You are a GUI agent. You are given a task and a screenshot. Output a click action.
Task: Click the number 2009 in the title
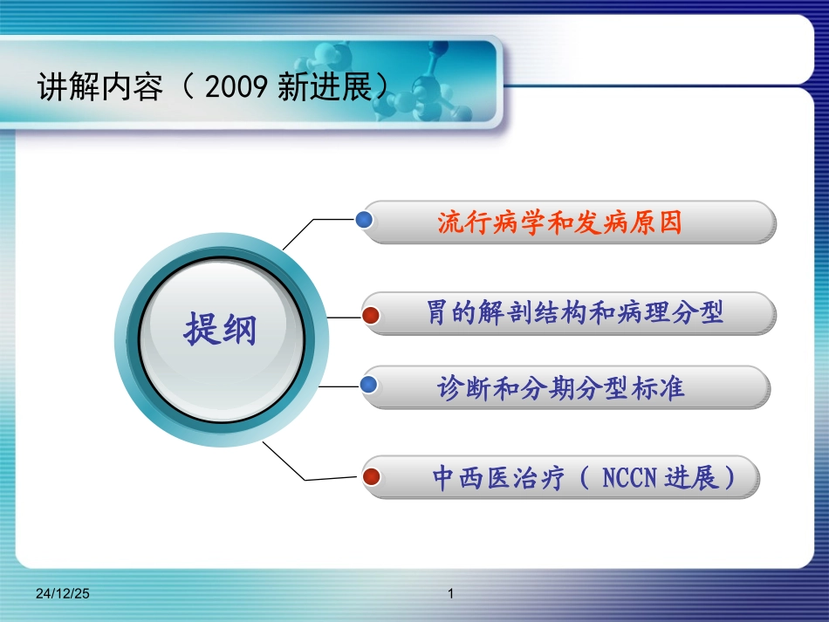point(236,86)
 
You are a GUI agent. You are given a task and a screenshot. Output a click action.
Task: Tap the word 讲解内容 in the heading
point(100,86)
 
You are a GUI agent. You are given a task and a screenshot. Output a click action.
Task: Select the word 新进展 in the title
point(325,86)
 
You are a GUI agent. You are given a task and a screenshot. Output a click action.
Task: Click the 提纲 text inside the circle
point(220,329)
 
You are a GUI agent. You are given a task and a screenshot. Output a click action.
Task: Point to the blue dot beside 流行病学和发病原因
point(364,219)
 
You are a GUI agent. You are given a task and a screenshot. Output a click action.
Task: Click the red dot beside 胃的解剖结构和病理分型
point(371,316)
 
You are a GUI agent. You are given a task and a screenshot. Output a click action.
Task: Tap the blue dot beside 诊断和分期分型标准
point(368,385)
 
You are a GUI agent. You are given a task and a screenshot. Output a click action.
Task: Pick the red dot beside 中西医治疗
point(371,476)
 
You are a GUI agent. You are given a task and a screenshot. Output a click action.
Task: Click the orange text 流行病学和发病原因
point(560,222)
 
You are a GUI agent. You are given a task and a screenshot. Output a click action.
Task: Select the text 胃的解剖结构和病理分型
point(575,312)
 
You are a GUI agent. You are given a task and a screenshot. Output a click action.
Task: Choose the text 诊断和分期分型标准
point(560,388)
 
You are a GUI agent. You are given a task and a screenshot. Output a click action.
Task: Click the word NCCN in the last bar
point(629,478)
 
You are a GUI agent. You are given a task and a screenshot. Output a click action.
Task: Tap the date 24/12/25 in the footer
point(62,593)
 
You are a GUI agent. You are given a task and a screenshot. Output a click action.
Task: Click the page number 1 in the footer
point(450,593)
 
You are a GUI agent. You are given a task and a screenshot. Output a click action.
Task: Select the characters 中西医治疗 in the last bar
point(498,478)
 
